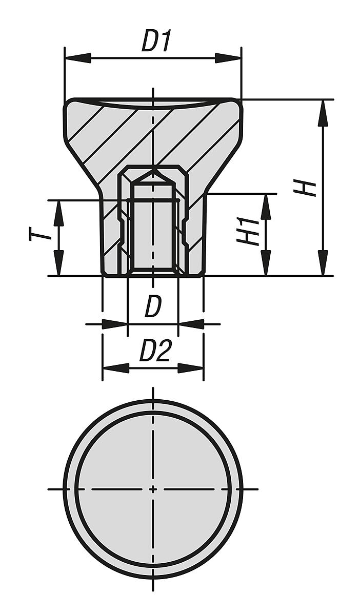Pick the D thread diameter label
[x=153, y=307]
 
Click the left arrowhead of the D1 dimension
[x=77, y=58]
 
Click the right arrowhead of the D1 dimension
[x=228, y=58]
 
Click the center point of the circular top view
[x=152, y=489]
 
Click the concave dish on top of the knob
[x=153, y=104]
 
